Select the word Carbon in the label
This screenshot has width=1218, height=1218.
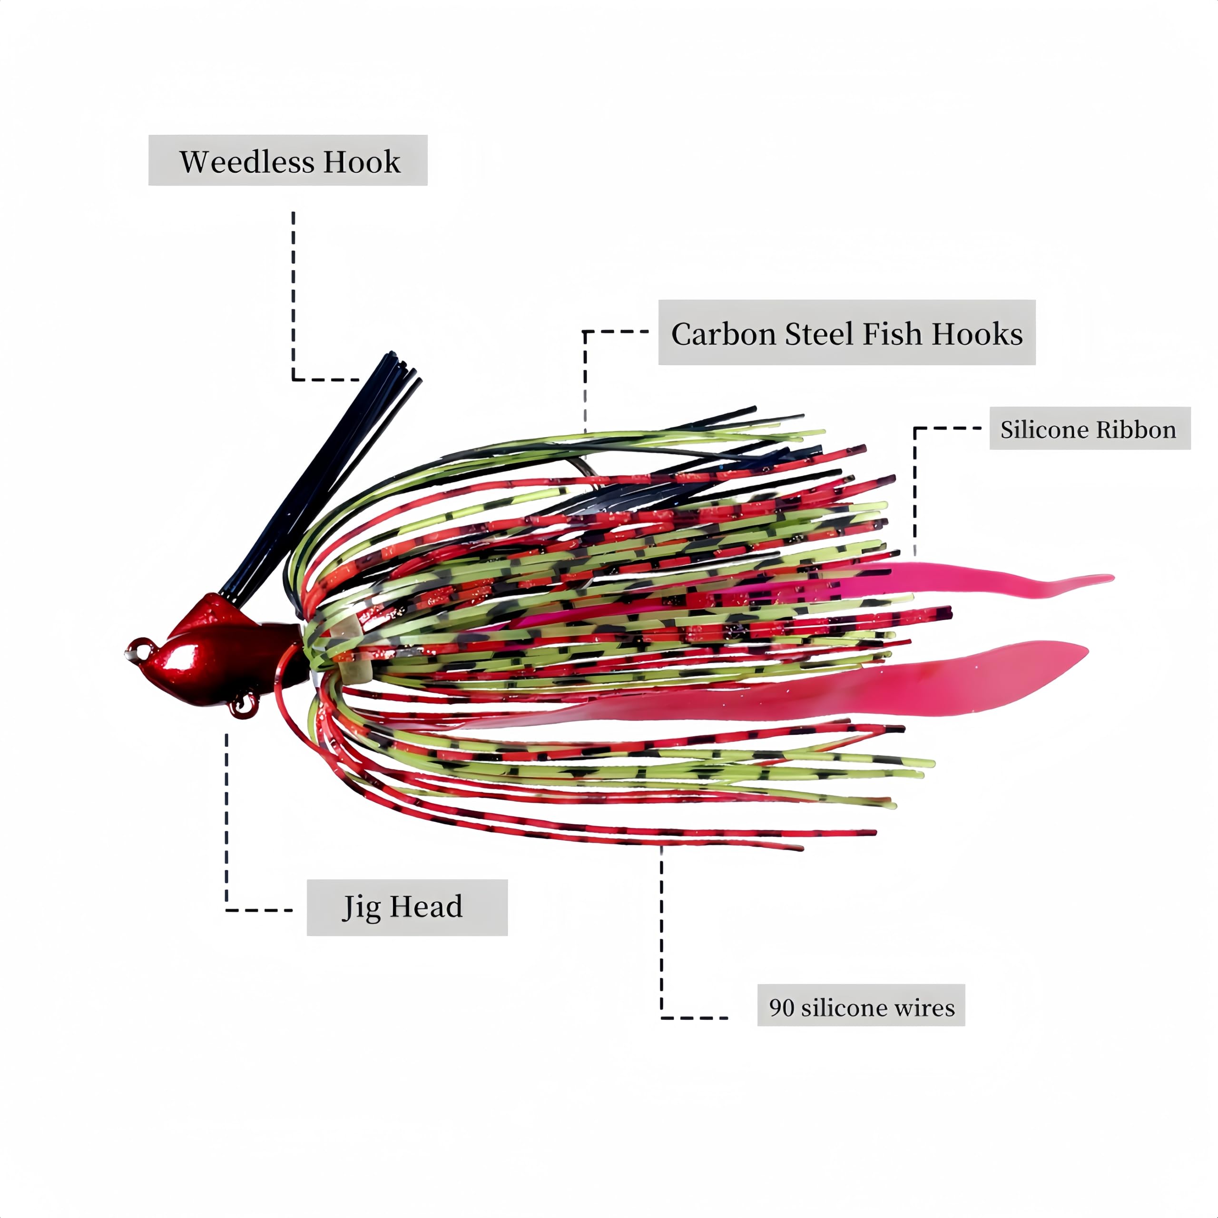[x=723, y=334]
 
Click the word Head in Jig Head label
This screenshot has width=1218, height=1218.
[x=426, y=906]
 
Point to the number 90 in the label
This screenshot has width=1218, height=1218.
[x=782, y=1007]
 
